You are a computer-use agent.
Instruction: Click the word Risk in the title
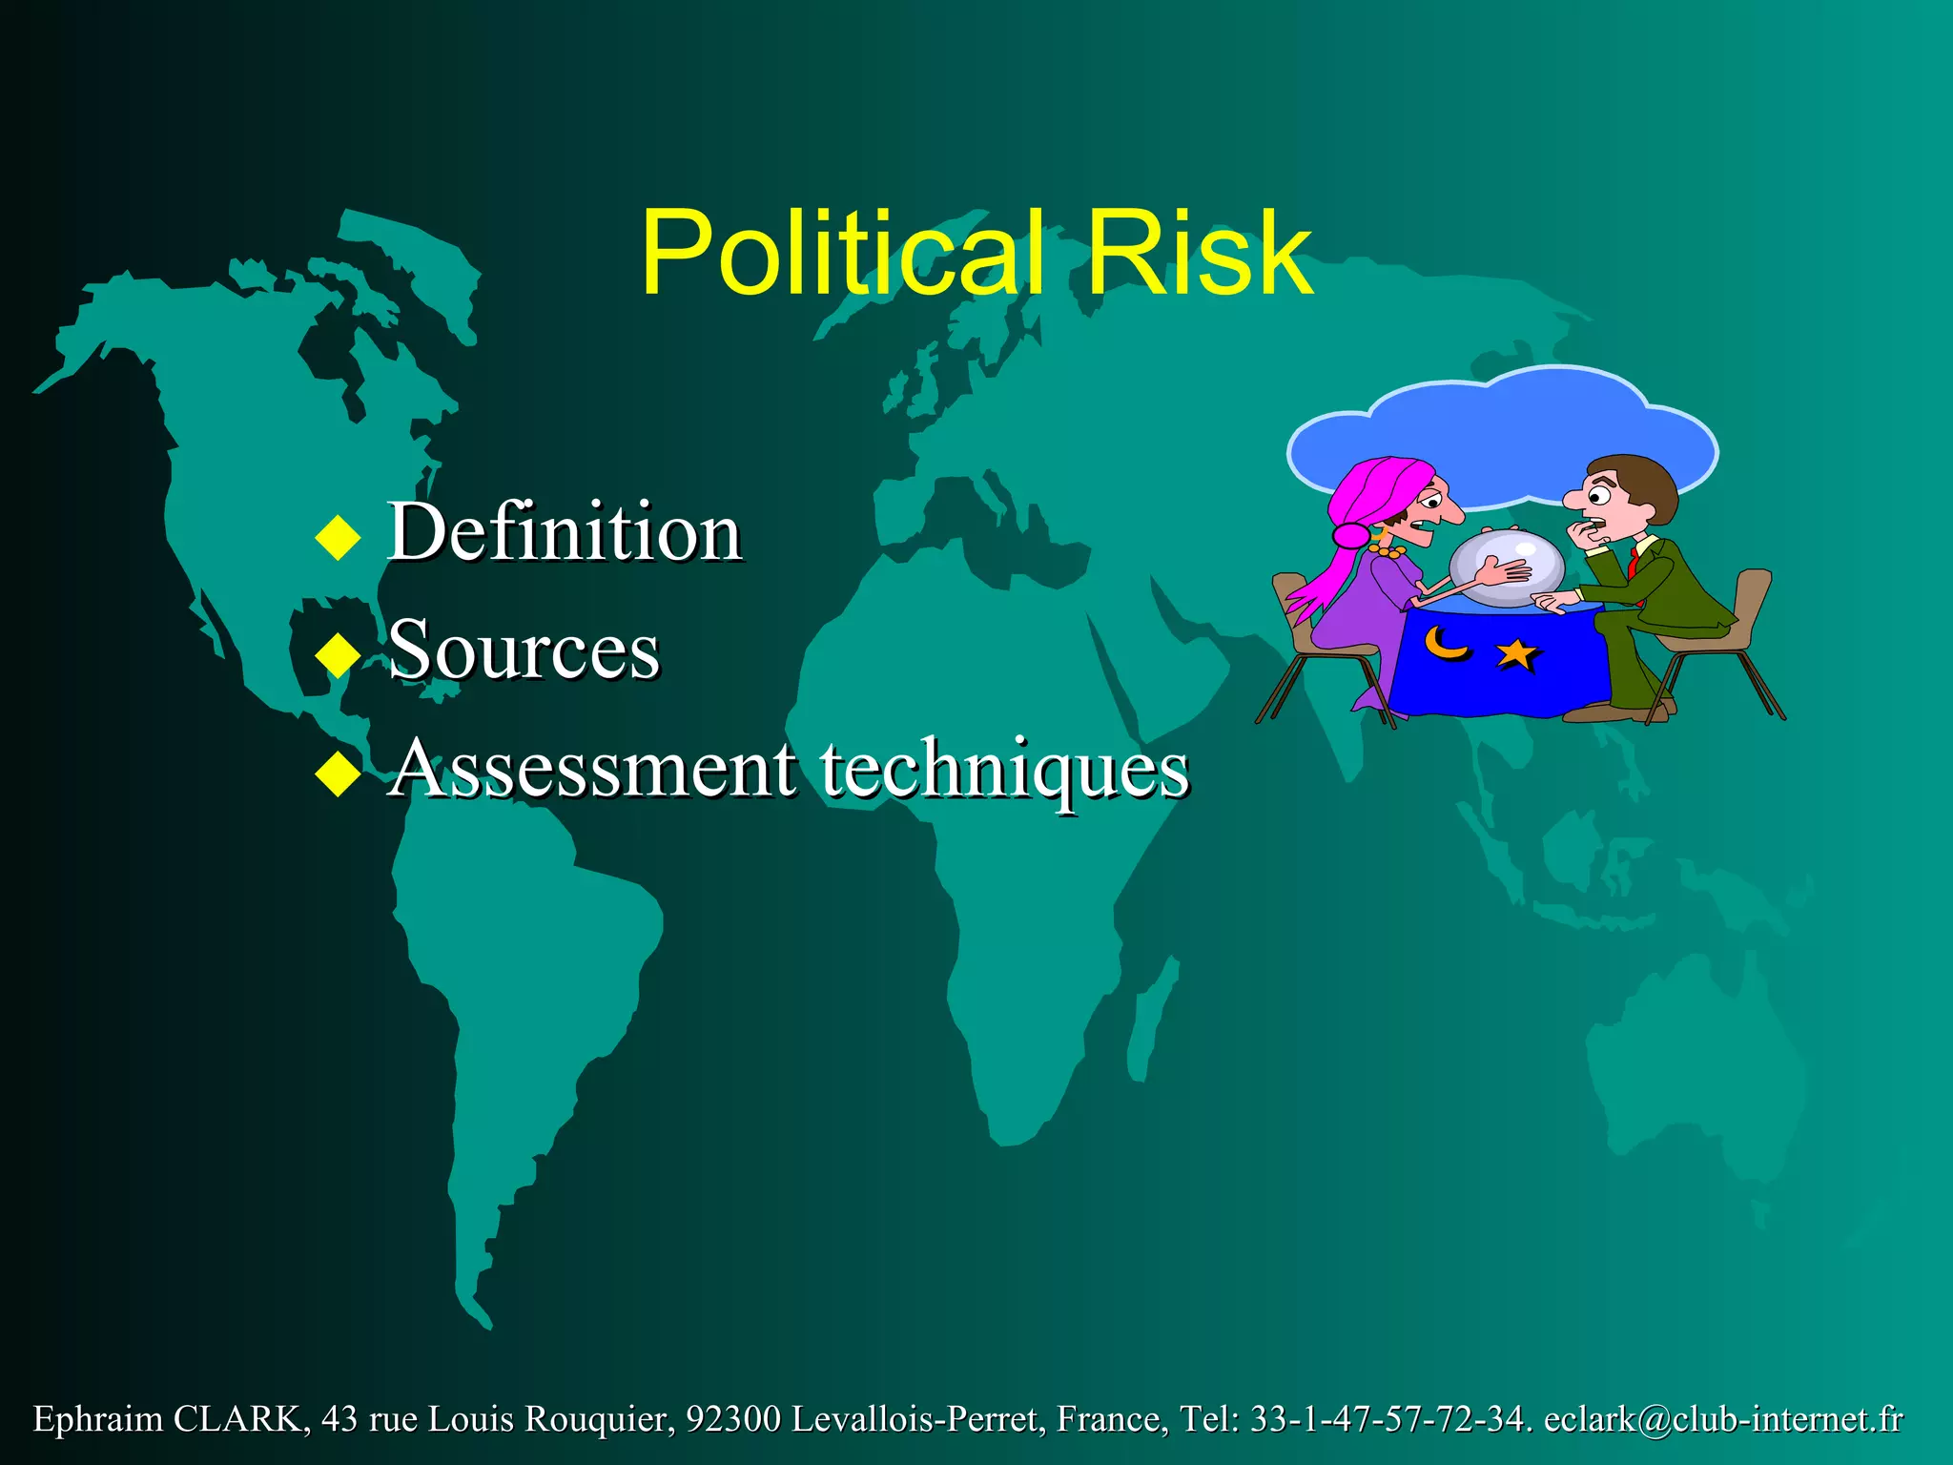tap(1199, 254)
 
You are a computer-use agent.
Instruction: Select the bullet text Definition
tap(565, 531)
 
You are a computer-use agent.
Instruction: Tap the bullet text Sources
tap(524, 650)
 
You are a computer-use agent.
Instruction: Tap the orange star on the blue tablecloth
tap(1517, 654)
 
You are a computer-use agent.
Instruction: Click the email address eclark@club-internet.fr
tap(1723, 1419)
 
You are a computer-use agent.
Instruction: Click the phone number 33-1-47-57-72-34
tap(1388, 1419)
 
